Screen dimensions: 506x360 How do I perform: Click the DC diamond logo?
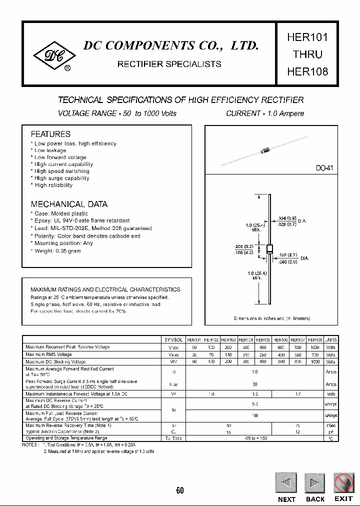(x=52, y=56)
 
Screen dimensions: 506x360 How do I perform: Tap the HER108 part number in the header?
(x=307, y=71)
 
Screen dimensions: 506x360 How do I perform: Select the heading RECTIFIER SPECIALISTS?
(x=169, y=64)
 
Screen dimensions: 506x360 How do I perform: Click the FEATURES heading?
(x=50, y=134)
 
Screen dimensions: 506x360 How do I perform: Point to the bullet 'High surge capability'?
(x=61, y=178)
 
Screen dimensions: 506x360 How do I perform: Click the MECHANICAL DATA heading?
(x=69, y=204)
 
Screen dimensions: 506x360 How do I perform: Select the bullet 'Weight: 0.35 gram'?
(x=57, y=251)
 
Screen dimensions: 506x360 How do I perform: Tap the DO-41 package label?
(x=324, y=169)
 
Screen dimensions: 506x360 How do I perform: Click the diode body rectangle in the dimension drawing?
(x=269, y=249)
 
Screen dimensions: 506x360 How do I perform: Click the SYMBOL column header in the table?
(x=174, y=339)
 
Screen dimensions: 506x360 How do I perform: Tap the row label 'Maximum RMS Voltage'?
(x=48, y=354)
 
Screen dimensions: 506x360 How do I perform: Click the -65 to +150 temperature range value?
(x=255, y=438)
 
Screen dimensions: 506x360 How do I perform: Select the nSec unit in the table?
(x=331, y=425)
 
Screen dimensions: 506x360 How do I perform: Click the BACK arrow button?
(x=315, y=483)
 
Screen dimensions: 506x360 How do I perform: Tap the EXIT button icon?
(x=343, y=483)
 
